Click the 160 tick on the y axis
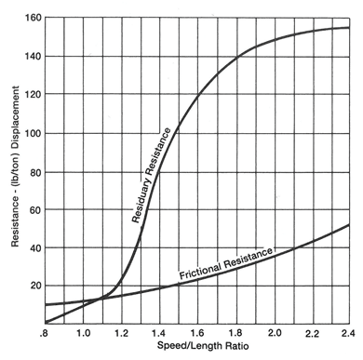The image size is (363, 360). click(x=34, y=19)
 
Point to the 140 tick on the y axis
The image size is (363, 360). click(x=34, y=57)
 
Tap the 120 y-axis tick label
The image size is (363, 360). click(x=34, y=95)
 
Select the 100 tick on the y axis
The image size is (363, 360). click(x=34, y=133)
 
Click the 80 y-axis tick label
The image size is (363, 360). click(x=35, y=171)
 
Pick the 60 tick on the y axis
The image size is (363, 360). click(x=35, y=209)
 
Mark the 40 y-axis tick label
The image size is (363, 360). click(x=35, y=247)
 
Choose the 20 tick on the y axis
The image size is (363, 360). click(x=35, y=286)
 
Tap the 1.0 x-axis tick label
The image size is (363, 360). click(x=83, y=332)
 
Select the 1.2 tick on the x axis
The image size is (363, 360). click(x=121, y=332)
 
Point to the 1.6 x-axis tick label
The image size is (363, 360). click(x=197, y=332)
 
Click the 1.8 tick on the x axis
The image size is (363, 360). click(x=235, y=332)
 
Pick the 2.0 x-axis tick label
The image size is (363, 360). click(x=274, y=332)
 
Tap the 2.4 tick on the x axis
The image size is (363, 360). click(x=346, y=332)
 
